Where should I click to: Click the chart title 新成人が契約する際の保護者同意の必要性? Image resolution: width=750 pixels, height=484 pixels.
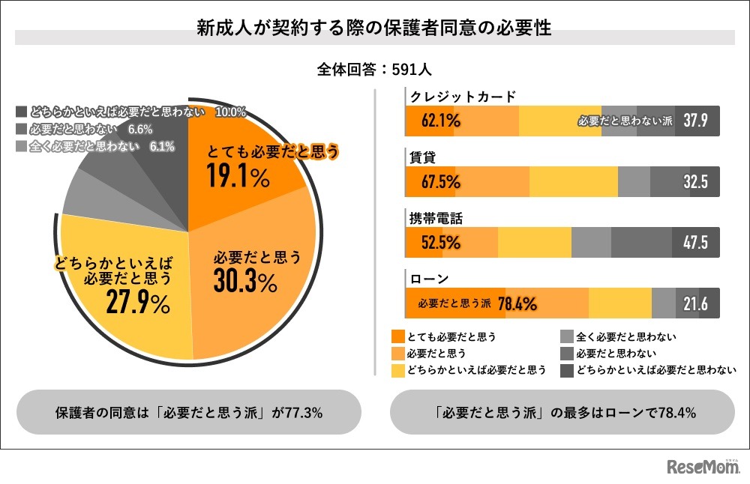coord(374,29)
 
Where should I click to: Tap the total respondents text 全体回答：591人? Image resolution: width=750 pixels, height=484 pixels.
coord(374,69)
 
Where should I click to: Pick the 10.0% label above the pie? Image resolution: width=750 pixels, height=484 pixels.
coord(230,112)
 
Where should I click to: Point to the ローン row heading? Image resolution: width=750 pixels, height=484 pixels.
coord(428,279)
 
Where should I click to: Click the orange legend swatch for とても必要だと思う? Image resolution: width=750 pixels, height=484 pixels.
coord(397,336)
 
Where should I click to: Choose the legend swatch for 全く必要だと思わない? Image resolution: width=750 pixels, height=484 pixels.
coord(567,336)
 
